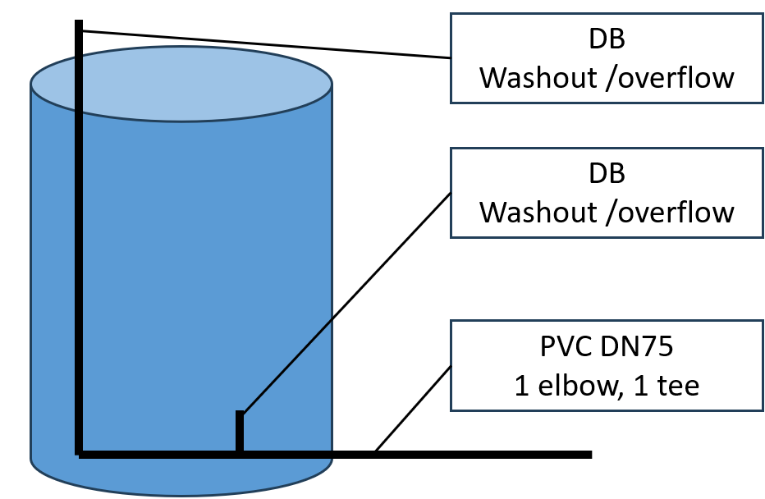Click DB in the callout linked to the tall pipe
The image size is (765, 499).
607,39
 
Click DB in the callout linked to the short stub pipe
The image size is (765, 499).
607,174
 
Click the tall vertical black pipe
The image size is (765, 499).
79,246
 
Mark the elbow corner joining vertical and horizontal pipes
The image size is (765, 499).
80,452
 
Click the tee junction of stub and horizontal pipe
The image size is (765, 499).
240,452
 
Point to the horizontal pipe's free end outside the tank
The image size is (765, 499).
588,453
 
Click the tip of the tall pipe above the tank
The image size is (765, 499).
79,25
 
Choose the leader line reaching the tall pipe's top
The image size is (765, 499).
263,44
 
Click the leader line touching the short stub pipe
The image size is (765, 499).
345,304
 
